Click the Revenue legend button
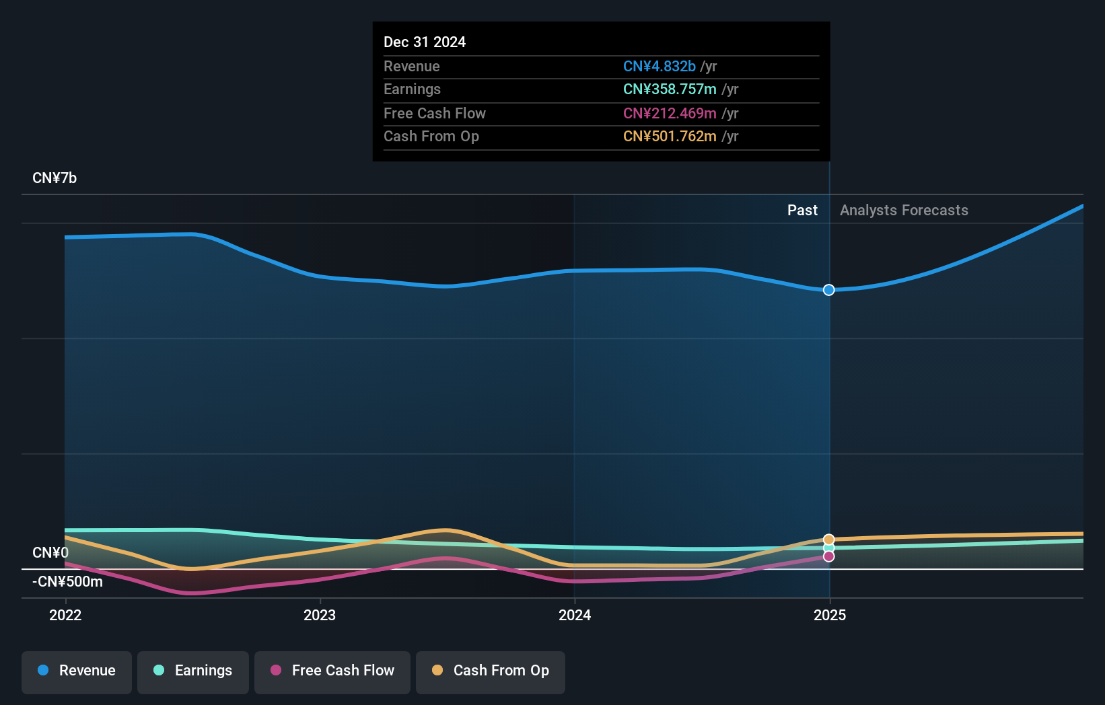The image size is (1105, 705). coord(77,671)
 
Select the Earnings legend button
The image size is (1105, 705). coord(193,671)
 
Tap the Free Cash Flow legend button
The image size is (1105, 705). coord(332,671)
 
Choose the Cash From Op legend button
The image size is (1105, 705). coord(491,671)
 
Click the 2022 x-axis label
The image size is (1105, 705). coord(65,615)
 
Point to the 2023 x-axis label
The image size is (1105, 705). coord(320,615)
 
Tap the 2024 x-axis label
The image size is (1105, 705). coord(575,615)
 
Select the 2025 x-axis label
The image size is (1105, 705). coord(830,615)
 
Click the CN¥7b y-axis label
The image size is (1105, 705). coord(55,178)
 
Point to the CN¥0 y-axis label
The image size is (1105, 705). coord(50,552)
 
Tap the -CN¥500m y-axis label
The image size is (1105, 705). coord(67,581)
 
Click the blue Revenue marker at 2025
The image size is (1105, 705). coord(829,290)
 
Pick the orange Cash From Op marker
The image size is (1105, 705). coord(829,540)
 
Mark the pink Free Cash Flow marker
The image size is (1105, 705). coord(829,556)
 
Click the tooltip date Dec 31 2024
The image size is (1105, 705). coord(425,42)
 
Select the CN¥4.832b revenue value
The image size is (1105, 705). coord(660,66)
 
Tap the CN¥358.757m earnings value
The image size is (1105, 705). coord(670,89)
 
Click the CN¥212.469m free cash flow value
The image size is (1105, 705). coord(670,113)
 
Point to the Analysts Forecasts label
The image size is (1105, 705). coord(904,211)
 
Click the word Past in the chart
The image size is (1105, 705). coord(802,211)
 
